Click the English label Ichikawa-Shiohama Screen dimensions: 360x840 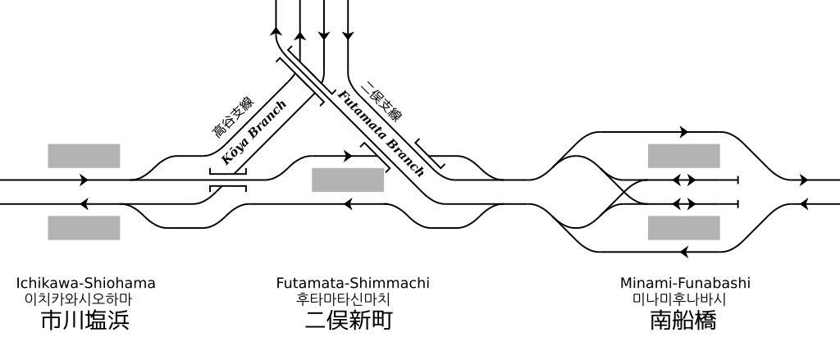[x=85, y=284]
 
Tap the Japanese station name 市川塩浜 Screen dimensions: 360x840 [x=85, y=320]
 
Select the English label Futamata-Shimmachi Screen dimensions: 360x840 [x=353, y=284]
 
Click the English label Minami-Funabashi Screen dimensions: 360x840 [x=685, y=284]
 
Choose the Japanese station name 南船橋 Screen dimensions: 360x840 [x=683, y=320]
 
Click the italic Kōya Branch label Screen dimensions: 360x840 [x=254, y=133]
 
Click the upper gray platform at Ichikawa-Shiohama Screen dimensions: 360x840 [x=84, y=156]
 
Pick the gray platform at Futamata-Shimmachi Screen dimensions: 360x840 [x=348, y=180]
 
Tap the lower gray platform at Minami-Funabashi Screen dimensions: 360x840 [x=683, y=228]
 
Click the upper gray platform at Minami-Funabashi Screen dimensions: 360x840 [x=683, y=156]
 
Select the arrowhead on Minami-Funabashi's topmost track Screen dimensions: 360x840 [x=683, y=131]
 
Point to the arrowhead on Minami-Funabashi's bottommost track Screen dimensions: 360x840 [x=683, y=252]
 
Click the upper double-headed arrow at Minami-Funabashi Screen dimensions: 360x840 [x=683, y=180]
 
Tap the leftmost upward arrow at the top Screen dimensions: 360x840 [x=276, y=33]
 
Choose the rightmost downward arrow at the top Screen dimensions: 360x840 [x=348, y=35]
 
